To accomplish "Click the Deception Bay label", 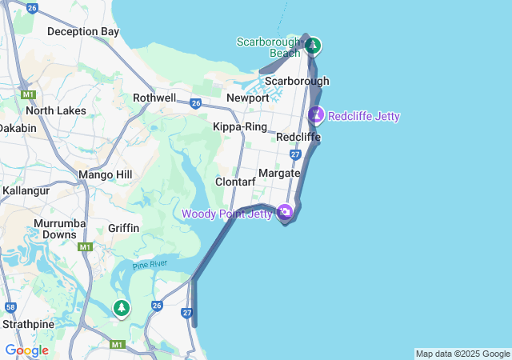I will point(83,32).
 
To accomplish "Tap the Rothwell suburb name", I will point(154,98).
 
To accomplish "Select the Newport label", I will point(247,98).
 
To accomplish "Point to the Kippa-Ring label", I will point(240,126).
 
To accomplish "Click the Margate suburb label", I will point(279,173).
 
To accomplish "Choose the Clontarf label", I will point(235,182).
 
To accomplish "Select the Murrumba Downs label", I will point(55,229).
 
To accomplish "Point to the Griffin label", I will point(123,228).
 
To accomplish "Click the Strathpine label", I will point(27,325).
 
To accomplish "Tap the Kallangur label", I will point(26,191).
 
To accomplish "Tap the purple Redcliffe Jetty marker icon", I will point(317,115).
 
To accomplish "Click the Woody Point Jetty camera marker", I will point(285,212).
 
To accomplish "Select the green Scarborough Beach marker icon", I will point(314,45).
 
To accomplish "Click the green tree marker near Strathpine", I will point(121,307).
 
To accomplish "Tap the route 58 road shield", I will point(10,306).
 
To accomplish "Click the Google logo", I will point(26,350).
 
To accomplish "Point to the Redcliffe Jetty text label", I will point(363,117).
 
